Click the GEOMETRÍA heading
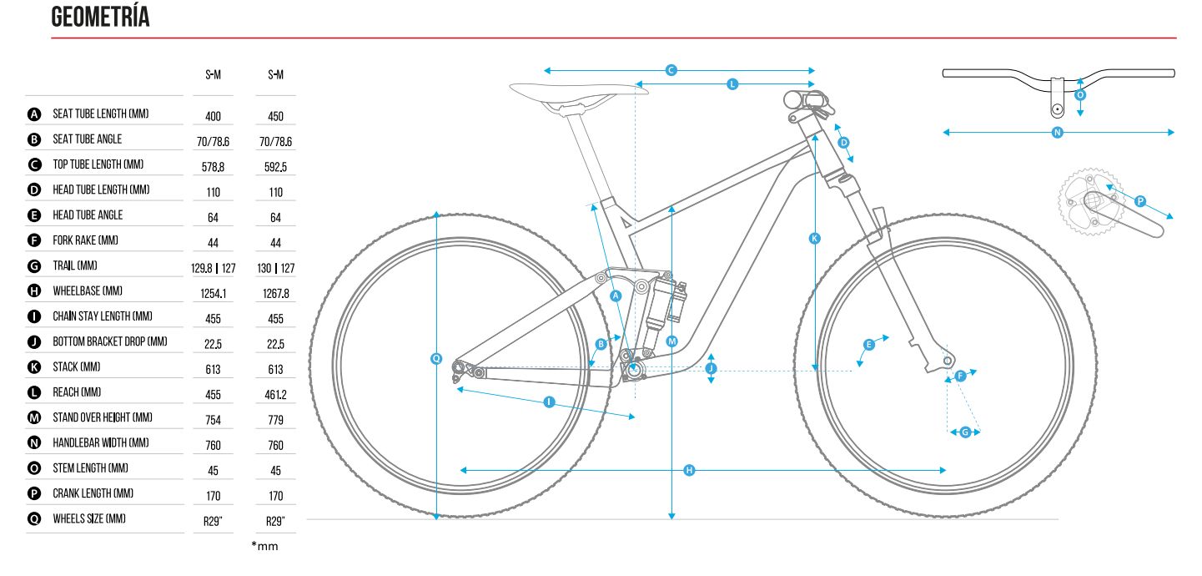(100, 17)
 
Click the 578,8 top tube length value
(213, 167)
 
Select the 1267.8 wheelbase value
(276, 294)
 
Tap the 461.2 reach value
(276, 395)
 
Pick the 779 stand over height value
(276, 421)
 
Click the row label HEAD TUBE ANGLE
(88, 215)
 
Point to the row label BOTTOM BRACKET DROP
(110, 342)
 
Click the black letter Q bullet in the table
(34, 519)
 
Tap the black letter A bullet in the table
(34, 114)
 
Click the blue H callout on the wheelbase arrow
(690, 470)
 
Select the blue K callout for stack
(815, 239)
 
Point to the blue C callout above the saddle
(671, 70)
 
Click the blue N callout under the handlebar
(1057, 132)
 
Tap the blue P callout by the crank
(1140, 201)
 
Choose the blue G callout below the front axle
(965, 432)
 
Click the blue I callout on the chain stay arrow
(549, 402)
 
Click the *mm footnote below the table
(264, 547)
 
